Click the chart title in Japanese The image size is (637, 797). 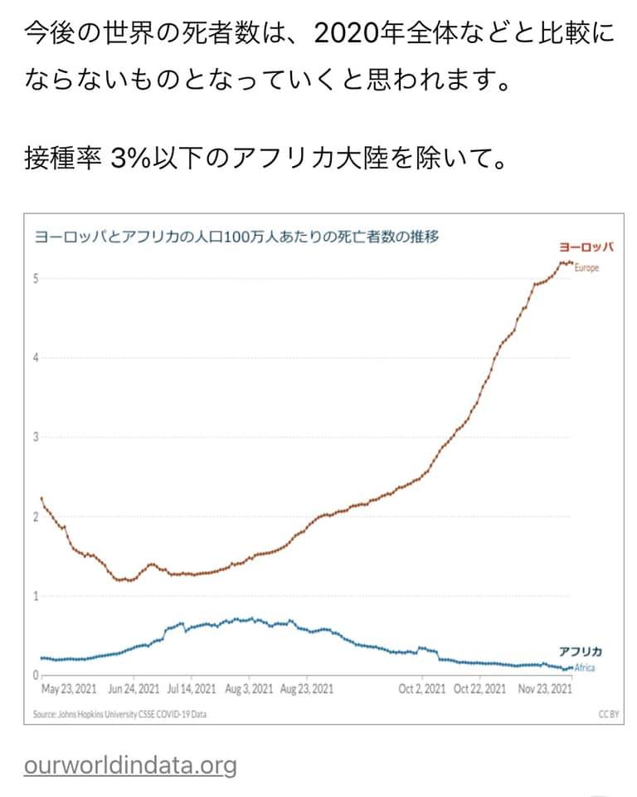[236, 237]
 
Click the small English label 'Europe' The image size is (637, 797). [586, 268]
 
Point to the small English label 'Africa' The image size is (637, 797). [584, 667]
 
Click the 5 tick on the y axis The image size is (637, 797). [36, 278]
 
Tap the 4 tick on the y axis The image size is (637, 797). [36, 358]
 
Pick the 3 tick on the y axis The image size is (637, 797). [36, 437]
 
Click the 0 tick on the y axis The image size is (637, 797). [36, 675]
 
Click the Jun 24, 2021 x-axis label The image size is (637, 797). [134, 689]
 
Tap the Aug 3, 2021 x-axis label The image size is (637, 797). [249, 689]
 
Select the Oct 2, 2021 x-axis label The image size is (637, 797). [422, 689]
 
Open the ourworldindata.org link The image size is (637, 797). [130, 765]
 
